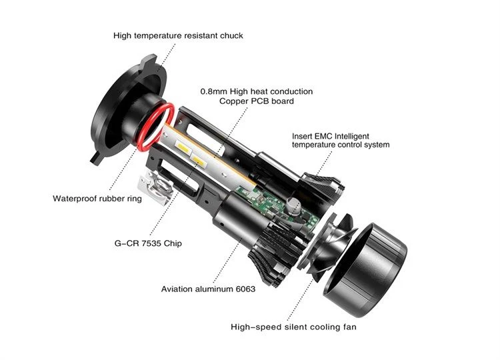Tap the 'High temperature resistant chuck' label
click(178, 35)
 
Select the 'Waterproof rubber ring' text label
click(97, 199)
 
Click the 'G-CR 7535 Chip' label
click(148, 243)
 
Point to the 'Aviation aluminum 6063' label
click(208, 289)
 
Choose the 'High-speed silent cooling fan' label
click(293, 327)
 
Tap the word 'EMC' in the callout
click(323, 136)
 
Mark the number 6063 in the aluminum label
click(245, 289)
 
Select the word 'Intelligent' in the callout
click(352, 137)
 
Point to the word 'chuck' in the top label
click(231, 35)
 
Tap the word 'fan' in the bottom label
click(350, 327)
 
